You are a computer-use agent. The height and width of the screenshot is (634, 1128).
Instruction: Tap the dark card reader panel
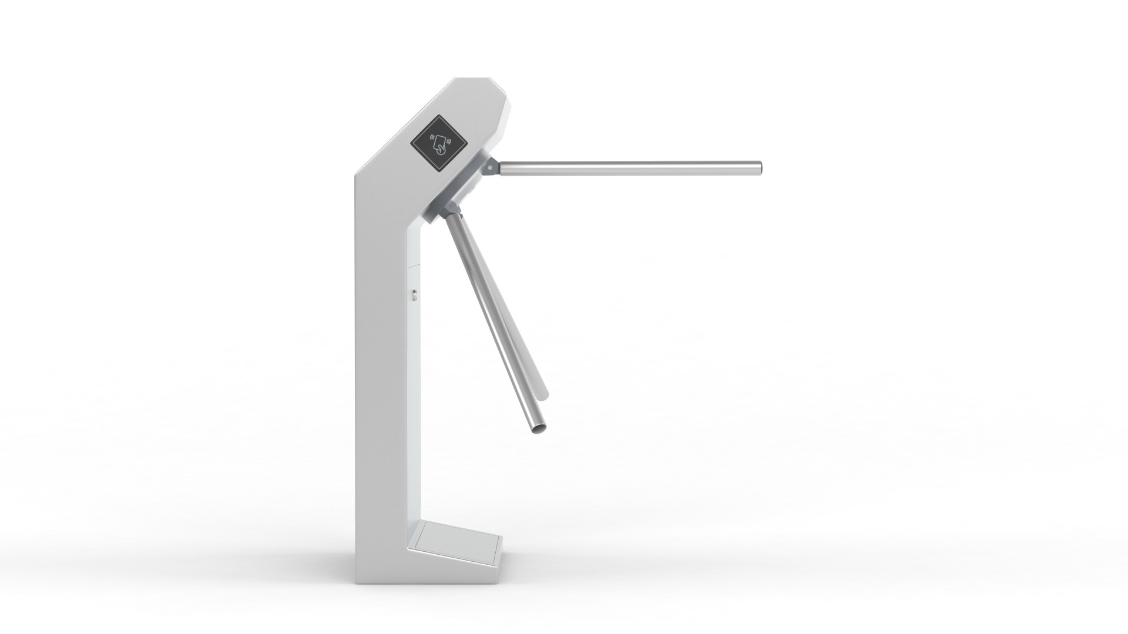pyautogui.click(x=439, y=144)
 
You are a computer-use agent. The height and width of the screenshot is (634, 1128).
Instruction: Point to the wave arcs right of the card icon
pyautogui.click(x=449, y=141)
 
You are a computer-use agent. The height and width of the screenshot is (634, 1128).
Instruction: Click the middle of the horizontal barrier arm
pyautogui.click(x=629, y=167)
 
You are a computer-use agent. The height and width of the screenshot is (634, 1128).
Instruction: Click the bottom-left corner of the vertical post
pyautogui.click(x=357, y=587)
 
